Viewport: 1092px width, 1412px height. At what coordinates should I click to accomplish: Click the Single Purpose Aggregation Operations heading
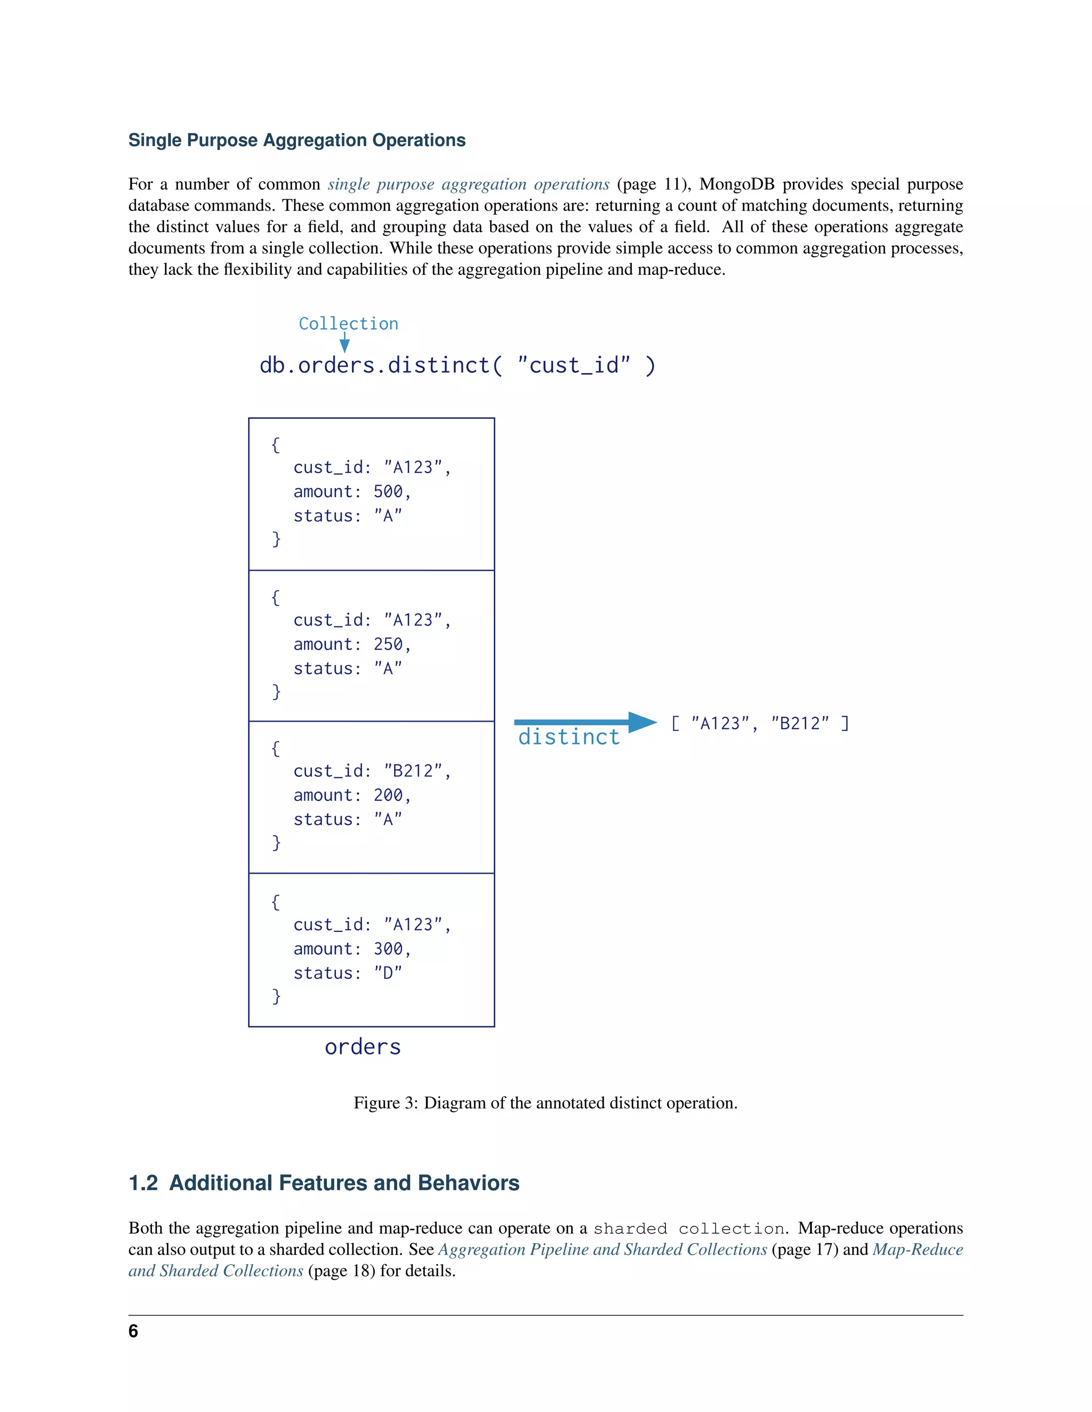coord(297,140)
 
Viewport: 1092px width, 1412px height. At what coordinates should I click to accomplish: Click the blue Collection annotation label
coord(348,323)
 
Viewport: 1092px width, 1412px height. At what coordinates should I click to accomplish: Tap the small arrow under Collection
coord(345,343)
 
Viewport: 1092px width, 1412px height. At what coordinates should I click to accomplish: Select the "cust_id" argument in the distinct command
coord(574,366)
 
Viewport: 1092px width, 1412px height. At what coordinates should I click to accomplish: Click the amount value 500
coord(388,491)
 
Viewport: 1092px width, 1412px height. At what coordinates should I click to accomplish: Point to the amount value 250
coord(388,644)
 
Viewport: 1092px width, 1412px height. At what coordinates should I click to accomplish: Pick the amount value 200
coord(388,795)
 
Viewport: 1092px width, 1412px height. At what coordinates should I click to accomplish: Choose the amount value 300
coord(388,948)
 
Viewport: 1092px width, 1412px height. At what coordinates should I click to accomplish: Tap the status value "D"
coord(388,973)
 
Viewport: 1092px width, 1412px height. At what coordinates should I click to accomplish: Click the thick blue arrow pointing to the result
coord(585,721)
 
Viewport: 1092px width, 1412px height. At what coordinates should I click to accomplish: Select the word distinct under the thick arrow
coord(568,737)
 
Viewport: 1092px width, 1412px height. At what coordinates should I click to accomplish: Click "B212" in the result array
coord(800,723)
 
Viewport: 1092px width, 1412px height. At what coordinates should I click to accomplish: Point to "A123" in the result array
coord(720,723)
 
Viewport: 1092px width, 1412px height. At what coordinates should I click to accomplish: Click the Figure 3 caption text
coord(545,1103)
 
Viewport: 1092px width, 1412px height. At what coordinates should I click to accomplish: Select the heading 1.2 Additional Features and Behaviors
coord(324,1182)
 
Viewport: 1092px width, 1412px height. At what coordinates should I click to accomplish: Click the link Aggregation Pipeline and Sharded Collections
coord(603,1249)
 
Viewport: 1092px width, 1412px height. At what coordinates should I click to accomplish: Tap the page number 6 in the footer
coord(133,1331)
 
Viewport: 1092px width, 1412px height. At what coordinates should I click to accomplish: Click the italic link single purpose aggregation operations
coord(468,184)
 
